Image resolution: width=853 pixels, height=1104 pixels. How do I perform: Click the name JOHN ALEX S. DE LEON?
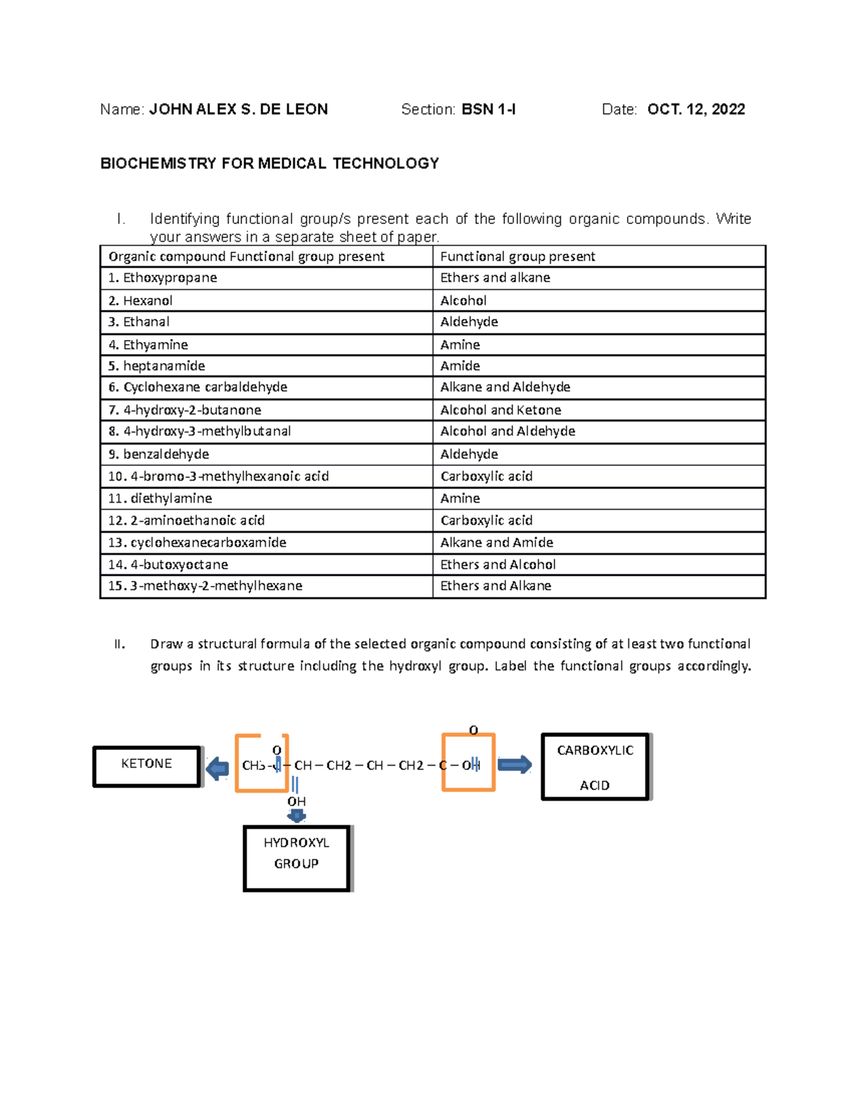(238, 109)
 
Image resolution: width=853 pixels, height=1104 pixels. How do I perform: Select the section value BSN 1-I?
(488, 109)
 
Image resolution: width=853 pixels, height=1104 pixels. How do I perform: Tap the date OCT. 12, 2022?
(696, 109)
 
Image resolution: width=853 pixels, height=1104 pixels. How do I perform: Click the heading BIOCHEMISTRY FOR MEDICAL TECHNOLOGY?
(269, 164)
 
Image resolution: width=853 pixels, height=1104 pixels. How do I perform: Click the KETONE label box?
(146, 766)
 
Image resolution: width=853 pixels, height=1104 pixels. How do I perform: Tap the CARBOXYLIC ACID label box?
(595, 767)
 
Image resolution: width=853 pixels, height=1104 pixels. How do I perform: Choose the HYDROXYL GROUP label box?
(296, 857)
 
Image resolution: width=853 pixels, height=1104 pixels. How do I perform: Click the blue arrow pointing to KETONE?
(218, 768)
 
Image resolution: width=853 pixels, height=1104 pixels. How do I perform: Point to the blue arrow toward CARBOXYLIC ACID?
(515, 765)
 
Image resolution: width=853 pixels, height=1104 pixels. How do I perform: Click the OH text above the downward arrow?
(296, 801)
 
